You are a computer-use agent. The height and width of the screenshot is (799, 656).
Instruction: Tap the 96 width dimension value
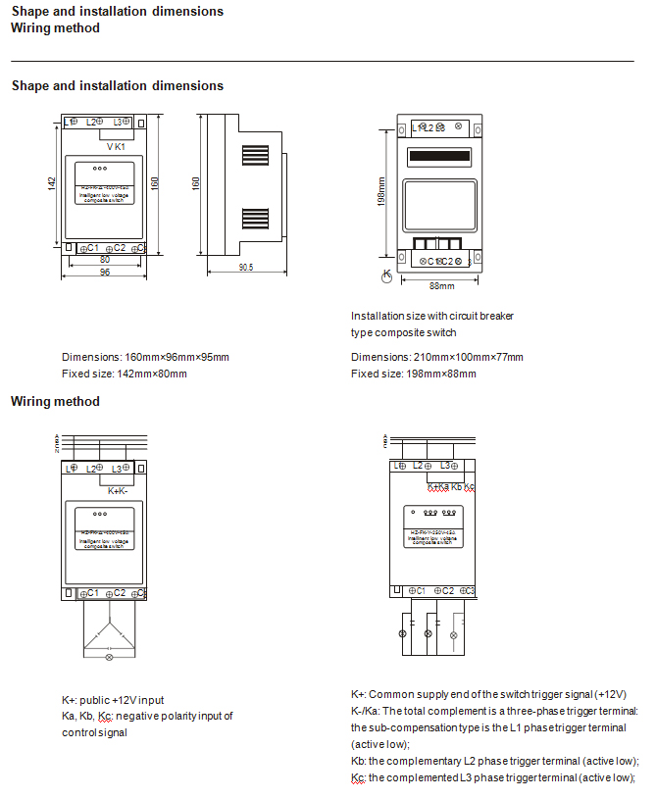104,272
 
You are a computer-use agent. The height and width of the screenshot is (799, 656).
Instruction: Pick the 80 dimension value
104,260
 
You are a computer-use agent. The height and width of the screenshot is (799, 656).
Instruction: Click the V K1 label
116,146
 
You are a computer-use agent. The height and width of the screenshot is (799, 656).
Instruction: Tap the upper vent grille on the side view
256,157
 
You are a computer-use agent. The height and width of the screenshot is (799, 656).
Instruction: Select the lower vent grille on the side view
256,217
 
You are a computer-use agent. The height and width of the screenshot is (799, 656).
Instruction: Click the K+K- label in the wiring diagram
118,490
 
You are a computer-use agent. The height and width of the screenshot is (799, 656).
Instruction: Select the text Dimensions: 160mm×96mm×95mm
145,358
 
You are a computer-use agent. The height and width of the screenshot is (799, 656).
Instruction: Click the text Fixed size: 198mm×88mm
413,374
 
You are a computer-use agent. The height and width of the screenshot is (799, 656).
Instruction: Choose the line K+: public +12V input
113,700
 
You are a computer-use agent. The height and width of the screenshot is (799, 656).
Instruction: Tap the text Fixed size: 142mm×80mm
124,374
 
